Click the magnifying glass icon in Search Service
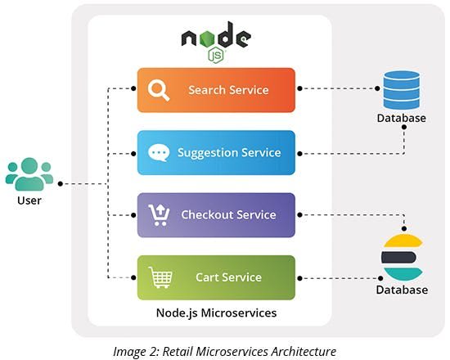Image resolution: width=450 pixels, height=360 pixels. [159, 90]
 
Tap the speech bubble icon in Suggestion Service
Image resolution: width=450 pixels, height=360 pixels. [159, 153]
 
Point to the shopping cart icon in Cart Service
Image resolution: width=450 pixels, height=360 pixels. [159, 278]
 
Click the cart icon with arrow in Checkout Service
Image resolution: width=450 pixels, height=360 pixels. [159, 214]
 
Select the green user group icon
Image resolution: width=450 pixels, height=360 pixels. [29, 174]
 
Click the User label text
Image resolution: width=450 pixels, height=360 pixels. [29, 200]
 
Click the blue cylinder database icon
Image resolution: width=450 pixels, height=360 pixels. [401, 89]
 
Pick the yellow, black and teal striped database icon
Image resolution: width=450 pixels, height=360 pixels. [402, 256]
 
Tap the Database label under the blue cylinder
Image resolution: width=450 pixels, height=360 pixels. [401, 119]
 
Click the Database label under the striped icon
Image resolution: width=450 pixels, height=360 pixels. [402, 290]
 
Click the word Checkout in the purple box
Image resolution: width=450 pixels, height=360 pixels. [205, 214]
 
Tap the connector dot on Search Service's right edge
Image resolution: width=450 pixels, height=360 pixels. [300, 88]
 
